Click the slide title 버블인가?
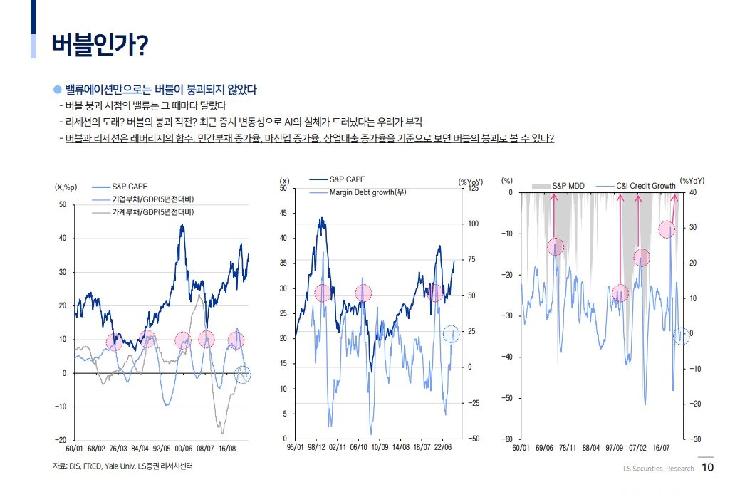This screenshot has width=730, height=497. (x=99, y=44)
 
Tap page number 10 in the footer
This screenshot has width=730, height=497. (x=707, y=468)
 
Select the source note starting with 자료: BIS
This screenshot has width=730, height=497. (x=122, y=466)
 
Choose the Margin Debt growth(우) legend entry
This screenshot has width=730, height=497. (x=367, y=192)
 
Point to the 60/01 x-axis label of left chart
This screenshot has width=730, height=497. (x=75, y=449)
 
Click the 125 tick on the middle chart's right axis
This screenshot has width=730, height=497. (x=474, y=189)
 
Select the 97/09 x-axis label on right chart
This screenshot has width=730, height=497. (x=615, y=449)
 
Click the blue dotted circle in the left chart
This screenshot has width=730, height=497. (x=243, y=374)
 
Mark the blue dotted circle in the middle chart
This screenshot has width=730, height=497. (x=451, y=333)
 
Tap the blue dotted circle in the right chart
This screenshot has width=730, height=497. (x=681, y=336)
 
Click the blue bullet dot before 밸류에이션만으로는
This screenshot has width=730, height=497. (x=58, y=90)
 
